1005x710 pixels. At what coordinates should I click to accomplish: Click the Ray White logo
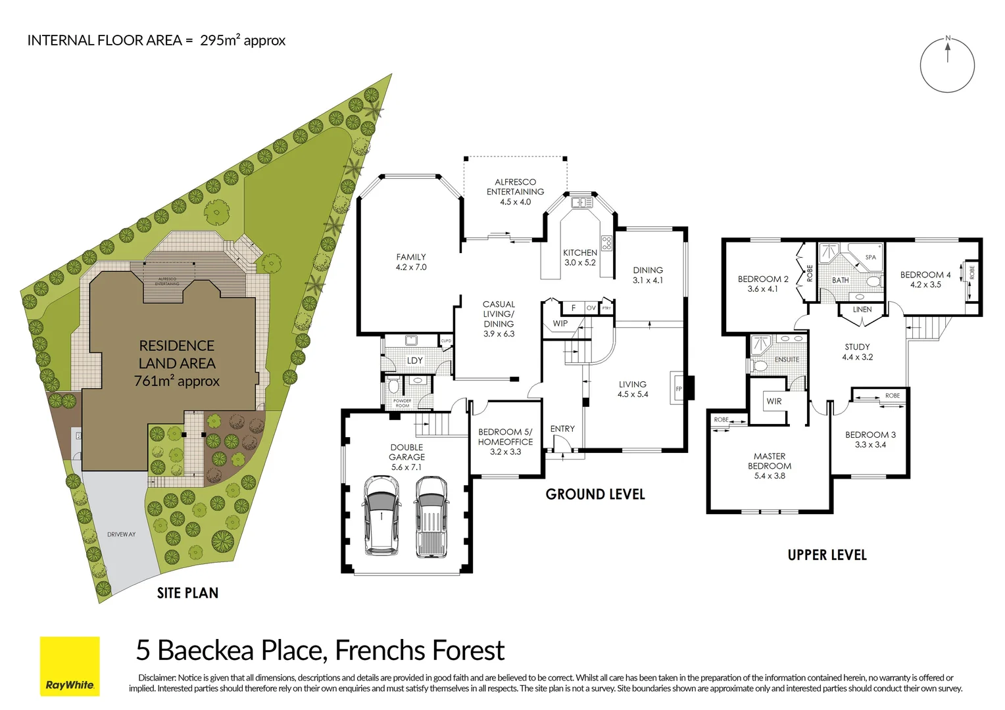click(x=70, y=666)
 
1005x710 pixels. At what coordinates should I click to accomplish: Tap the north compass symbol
click(x=946, y=65)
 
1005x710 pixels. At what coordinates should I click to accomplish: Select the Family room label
click(x=411, y=262)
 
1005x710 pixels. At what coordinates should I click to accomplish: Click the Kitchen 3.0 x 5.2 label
click(x=580, y=258)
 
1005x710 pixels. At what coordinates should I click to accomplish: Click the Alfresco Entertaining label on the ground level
click(x=515, y=191)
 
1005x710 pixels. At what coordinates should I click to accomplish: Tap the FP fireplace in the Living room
click(x=679, y=389)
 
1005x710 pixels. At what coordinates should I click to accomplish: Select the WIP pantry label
click(x=560, y=323)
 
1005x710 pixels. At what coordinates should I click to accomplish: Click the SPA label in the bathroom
click(x=870, y=257)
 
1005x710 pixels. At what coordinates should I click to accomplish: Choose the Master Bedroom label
click(x=770, y=465)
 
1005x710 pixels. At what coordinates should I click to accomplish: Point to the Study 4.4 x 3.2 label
click(x=857, y=352)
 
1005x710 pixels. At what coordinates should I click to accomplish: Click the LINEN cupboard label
click(x=862, y=309)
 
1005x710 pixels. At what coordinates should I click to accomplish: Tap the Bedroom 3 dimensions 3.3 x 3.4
click(x=870, y=445)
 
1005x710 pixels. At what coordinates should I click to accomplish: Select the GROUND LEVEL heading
click(x=595, y=494)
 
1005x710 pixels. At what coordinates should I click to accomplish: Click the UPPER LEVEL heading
click(x=827, y=555)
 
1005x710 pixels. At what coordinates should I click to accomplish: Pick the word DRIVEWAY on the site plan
click(x=122, y=534)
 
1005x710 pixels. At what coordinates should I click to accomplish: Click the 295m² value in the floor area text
click(x=220, y=40)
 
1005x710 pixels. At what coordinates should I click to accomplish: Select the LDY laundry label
click(x=414, y=360)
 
